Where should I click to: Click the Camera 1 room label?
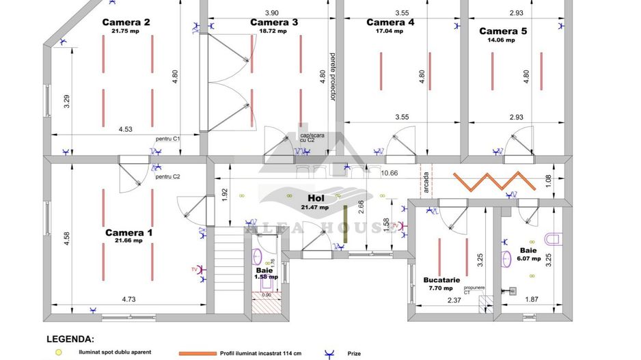tap(128, 233)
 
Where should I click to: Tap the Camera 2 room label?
tap(126, 22)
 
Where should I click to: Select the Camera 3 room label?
tap(274, 22)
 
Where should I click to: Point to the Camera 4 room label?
tap(390, 22)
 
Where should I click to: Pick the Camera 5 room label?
tap(503, 31)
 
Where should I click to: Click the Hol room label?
tap(315, 197)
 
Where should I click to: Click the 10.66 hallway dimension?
tap(389, 173)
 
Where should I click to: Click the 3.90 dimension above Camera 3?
tap(271, 12)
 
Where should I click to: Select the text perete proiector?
tap(333, 77)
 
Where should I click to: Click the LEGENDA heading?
tap(70, 339)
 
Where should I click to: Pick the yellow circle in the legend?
tap(59, 352)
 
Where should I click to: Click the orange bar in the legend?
tap(197, 353)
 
